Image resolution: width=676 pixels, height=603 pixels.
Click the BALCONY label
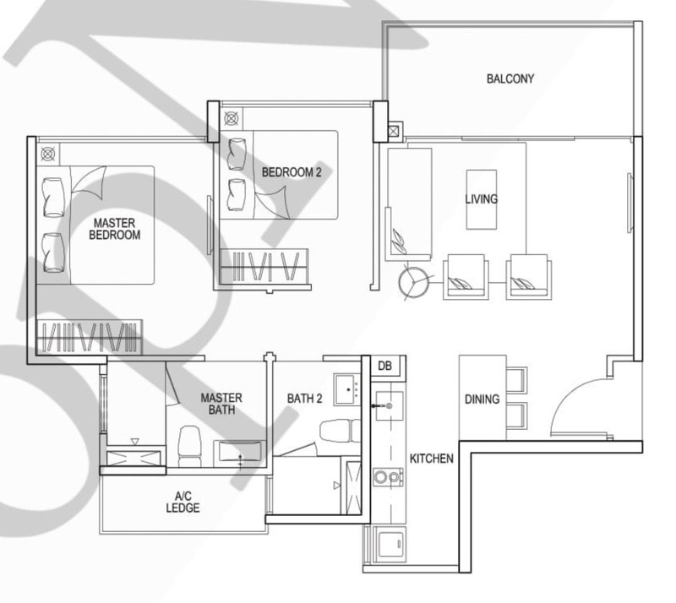coord(510,79)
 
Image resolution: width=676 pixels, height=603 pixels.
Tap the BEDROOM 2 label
coord(292,172)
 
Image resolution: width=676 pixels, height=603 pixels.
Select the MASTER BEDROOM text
coord(115,229)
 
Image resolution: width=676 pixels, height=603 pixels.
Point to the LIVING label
coord(481,199)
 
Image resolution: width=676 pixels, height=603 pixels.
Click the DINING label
coord(482,399)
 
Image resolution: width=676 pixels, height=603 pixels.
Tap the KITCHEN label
coord(431,459)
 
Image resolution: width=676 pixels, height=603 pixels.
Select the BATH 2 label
coord(304,399)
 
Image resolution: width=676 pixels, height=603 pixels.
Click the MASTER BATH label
coord(221,404)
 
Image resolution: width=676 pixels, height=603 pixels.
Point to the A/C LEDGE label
coord(183,502)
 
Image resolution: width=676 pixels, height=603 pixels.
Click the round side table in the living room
coord(413,283)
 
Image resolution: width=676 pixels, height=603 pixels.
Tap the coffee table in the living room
coord(481,199)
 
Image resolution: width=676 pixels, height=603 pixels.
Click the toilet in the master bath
coord(189,447)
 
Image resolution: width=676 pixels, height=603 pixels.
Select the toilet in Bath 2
coord(341,431)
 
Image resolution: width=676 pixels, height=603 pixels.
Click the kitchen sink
coord(390,405)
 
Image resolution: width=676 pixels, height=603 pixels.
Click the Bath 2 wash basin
coord(348,389)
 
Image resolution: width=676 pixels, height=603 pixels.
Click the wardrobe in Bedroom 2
coord(264,266)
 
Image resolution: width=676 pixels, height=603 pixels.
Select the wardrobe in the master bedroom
coord(90,337)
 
